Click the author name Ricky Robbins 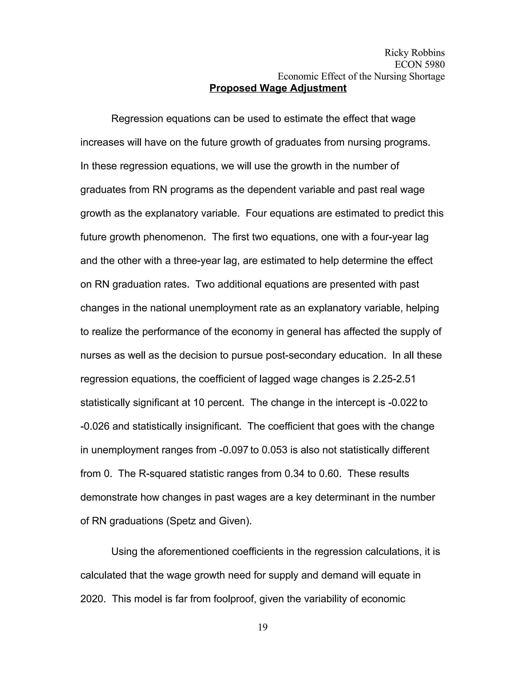point(414,53)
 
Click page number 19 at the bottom point(262,627)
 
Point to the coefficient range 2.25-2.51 point(394,379)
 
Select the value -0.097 point(233,450)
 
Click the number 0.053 point(274,450)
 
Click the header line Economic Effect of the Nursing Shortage point(361,76)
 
